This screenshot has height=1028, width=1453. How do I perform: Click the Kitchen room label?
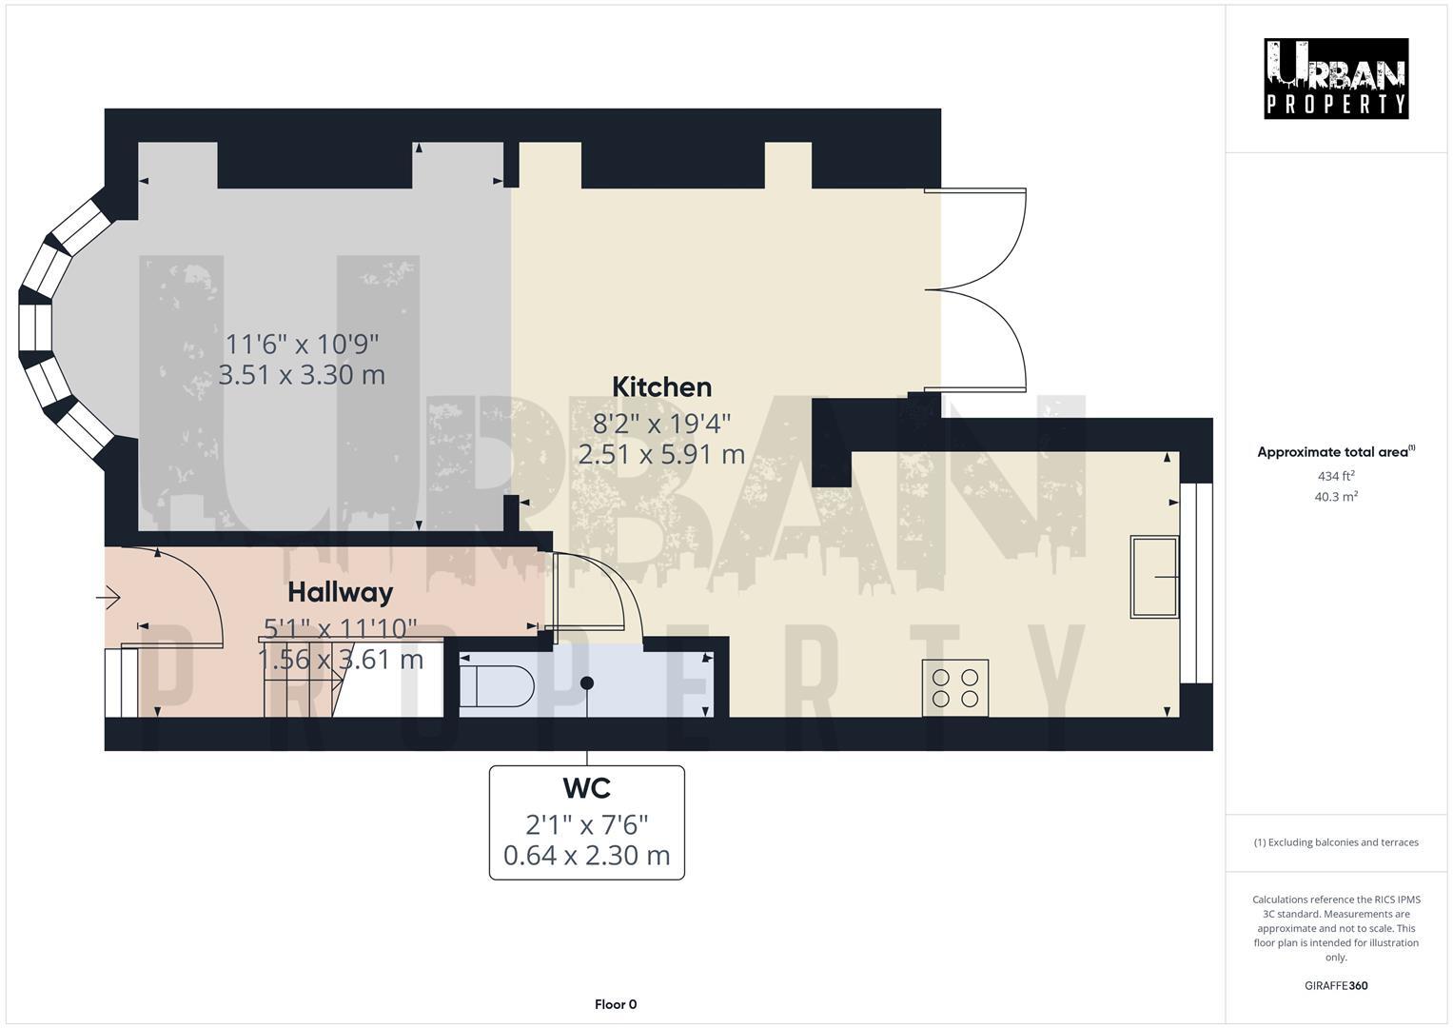click(x=661, y=387)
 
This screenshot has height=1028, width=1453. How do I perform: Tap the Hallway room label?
click(x=340, y=592)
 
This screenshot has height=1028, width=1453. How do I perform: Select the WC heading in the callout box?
click(x=586, y=789)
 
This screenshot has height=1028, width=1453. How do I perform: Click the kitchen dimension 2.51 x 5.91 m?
click(x=661, y=455)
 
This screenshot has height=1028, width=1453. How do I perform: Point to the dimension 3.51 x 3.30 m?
click(x=302, y=375)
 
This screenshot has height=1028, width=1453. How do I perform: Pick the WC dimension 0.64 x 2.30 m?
click(x=586, y=856)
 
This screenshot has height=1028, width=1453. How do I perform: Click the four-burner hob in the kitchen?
click(x=955, y=688)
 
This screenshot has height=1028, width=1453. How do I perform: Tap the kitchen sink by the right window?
click(x=1153, y=577)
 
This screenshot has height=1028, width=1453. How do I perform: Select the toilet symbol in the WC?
click(x=497, y=686)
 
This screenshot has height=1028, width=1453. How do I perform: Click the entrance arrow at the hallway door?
click(x=108, y=599)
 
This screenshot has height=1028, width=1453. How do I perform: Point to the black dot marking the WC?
click(x=587, y=682)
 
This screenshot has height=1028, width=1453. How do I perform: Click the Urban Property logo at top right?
click(x=1336, y=79)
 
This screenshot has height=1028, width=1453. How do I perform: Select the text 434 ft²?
click(x=1336, y=476)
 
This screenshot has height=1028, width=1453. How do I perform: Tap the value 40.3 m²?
click(x=1336, y=497)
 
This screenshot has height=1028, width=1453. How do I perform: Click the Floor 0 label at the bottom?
click(x=616, y=1004)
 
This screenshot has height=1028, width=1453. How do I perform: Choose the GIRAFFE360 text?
click(x=1336, y=986)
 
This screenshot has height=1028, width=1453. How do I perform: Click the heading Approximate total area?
click(x=1332, y=453)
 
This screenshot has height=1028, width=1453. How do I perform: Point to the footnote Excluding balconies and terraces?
click(x=1336, y=842)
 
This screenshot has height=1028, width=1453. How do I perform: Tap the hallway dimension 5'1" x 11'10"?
click(x=340, y=628)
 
